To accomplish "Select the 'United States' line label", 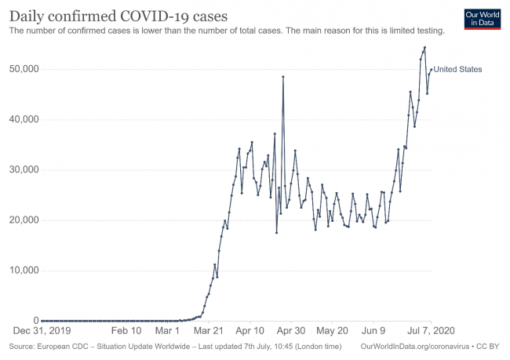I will (x=458, y=70).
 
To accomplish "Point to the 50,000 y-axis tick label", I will (x=23, y=69).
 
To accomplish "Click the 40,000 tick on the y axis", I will (x=23, y=119).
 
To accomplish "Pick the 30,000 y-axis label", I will (x=23, y=169).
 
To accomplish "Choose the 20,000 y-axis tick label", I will (x=23, y=220).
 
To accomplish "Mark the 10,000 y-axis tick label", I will (x=23, y=271).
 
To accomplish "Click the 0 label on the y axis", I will (x=34, y=321).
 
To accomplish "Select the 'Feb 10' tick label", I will (x=126, y=332).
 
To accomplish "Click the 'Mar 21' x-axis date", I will (x=209, y=332).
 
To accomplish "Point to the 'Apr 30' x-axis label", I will (x=290, y=332).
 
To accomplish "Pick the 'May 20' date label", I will (x=333, y=332).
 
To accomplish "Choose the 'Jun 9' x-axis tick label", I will (x=374, y=332).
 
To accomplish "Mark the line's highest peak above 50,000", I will (x=424, y=48).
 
